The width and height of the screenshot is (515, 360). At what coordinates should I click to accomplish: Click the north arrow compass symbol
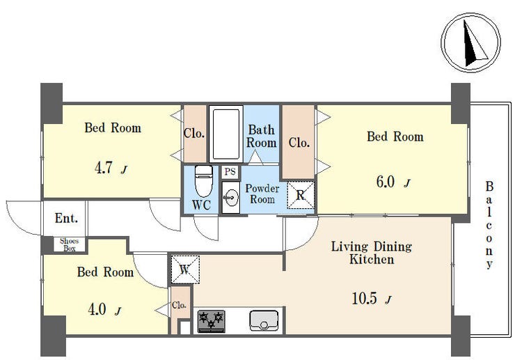(470, 42)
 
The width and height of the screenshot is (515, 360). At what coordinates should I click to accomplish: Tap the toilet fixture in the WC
(204, 181)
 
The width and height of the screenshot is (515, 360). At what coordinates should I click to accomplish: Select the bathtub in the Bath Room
(226, 134)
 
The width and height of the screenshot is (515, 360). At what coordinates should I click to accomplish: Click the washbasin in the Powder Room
(230, 197)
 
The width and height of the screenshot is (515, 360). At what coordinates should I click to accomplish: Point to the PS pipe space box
(230, 171)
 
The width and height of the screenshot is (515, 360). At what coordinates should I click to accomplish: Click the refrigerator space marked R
(301, 195)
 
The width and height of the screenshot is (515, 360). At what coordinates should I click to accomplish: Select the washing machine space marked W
(185, 269)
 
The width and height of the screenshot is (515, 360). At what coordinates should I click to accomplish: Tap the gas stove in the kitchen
(212, 321)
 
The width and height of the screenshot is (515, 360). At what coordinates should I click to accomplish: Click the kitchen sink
(264, 320)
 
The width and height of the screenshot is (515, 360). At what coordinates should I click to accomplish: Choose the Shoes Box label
(70, 244)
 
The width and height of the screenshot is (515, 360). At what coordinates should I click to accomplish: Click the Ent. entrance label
(66, 218)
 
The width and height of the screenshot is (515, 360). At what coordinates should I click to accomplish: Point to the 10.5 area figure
(364, 299)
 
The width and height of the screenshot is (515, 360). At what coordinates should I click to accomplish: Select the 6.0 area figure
(386, 182)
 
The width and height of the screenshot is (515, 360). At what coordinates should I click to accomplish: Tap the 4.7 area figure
(104, 169)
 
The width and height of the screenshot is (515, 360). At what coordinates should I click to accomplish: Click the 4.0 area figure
(97, 309)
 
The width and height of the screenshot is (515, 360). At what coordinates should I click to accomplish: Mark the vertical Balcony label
(489, 225)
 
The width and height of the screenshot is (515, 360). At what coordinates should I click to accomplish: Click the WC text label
(201, 205)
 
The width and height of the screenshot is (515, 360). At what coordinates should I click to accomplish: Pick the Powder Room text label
(262, 194)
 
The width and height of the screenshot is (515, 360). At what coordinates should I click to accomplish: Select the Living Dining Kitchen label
(372, 253)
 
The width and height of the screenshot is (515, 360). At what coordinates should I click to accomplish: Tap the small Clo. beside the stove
(179, 305)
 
